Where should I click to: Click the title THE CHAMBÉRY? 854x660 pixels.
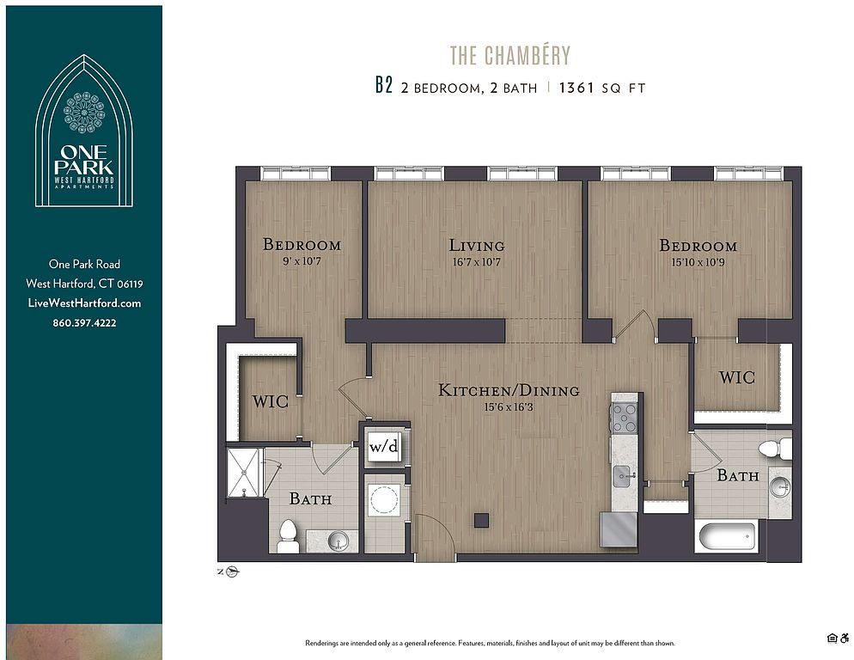[509, 55]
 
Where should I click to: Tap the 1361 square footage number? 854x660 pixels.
[576, 88]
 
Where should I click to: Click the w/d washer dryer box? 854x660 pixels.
[384, 446]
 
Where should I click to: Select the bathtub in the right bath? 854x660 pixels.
[727, 535]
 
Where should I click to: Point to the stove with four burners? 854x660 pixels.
[624, 418]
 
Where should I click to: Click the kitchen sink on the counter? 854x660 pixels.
[624, 476]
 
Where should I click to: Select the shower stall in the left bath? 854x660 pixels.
[245, 473]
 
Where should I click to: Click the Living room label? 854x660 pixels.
[477, 245]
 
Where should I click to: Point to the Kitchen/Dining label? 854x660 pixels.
[509, 390]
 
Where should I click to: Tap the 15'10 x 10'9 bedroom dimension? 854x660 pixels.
[698, 262]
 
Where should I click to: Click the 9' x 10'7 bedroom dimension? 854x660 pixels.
[302, 261]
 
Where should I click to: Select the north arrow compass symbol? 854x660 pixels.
[233, 571]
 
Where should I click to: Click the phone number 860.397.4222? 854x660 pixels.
[84, 322]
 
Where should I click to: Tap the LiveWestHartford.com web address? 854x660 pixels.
[84, 303]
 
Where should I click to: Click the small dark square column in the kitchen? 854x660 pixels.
[481, 520]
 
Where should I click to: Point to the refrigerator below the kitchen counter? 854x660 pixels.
[619, 529]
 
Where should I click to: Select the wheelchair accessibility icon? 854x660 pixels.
[845, 639]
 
